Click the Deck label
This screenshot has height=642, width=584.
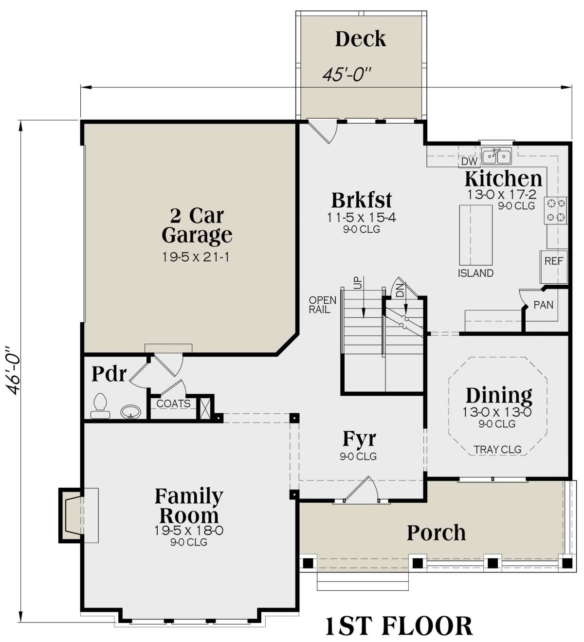tap(360, 39)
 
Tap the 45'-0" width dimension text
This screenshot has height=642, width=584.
tap(347, 75)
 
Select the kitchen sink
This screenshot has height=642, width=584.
tap(496, 156)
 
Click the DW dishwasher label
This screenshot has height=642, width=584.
tap(469, 161)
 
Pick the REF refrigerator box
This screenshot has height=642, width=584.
tap(554, 267)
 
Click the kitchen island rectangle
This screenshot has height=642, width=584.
tap(475, 235)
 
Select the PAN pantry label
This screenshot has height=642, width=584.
tap(543, 305)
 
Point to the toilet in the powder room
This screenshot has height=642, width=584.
tap(100, 406)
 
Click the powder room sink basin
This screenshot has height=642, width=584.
tap(130, 412)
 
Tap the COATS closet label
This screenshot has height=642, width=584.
tap(173, 404)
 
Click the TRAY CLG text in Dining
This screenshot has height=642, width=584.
tap(497, 450)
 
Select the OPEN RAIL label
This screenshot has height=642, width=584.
tap(323, 305)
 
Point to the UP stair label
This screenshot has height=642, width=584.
tap(358, 283)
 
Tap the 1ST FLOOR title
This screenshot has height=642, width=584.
tap(399, 626)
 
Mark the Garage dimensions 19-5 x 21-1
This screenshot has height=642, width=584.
tap(196, 257)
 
